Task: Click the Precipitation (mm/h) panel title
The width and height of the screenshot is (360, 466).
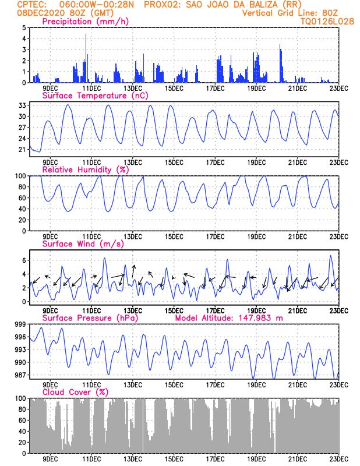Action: tap(85, 22)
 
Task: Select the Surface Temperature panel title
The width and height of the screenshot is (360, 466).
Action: tap(95, 96)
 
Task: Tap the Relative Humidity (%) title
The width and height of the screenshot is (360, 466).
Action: tap(85, 170)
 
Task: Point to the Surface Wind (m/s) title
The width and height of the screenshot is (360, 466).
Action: tap(83, 243)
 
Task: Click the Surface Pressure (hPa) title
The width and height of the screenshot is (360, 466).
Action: tap(90, 318)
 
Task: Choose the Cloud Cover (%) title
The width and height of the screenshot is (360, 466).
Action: tap(76, 392)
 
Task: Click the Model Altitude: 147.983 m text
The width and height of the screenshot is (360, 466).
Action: tap(229, 318)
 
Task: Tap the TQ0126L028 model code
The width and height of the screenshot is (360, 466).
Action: tap(327, 22)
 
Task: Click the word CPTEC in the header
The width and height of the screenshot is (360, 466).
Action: tap(27, 5)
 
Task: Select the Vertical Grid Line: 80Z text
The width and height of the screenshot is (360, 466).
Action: tap(290, 13)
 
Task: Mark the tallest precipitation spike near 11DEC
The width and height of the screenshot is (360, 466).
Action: tap(86, 58)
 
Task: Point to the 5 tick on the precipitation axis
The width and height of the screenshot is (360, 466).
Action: tap(24, 27)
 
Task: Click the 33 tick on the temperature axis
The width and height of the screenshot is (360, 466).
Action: tap(22, 105)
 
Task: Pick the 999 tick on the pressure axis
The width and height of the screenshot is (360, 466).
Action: tap(20, 324)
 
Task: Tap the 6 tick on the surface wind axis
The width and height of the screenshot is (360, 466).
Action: tap(24, 260)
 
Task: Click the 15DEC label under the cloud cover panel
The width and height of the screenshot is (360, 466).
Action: tap(174, 459)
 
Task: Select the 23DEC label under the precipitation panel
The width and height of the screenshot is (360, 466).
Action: tap(339, 89)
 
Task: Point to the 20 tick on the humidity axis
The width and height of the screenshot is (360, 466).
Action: tap(22, 220)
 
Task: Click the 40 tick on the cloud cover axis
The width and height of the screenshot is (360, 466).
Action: tap(22, 432)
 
